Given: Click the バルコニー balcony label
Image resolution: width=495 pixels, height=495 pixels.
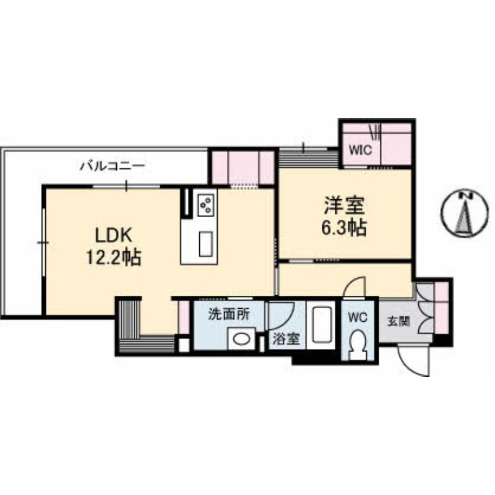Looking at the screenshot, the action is click(x=113, y=166).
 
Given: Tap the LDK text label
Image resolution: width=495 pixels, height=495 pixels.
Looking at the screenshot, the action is click(x=113, y=236).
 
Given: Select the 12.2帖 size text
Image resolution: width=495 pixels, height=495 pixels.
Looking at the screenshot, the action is click(x=114, y=257).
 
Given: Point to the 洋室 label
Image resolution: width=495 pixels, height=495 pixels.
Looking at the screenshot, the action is click(x=344, y=205).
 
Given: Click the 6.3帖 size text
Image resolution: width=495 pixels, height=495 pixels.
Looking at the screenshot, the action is click(x=344, y=227).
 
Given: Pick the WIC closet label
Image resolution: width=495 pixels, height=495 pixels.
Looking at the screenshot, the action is click(x=361, y=150).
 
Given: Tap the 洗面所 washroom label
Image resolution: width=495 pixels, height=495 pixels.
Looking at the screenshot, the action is click(x=229, y=314).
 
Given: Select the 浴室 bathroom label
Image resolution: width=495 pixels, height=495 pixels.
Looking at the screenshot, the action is click(x=286, y=339).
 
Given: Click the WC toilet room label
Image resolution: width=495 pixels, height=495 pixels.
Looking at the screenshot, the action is click(x=358, y=317).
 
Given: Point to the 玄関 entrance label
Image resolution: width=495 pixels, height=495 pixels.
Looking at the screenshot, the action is click(x=398, y=322).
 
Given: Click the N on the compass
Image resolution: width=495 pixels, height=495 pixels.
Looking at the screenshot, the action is click(x=465, y=196).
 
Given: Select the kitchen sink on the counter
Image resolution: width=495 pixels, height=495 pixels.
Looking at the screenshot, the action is click(x=205, y=244).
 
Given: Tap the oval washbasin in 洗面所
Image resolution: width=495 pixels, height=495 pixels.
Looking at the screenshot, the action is click(x=241, y=339).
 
